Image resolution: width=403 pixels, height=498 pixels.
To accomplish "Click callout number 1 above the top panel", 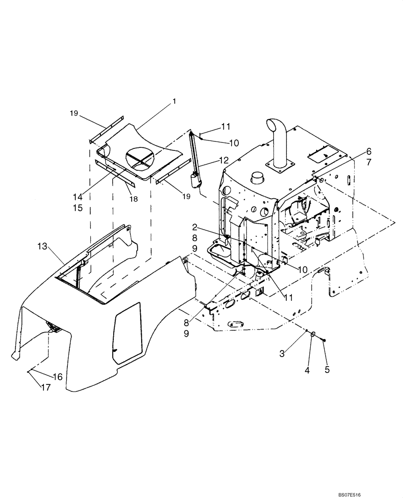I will [x=174, y=101].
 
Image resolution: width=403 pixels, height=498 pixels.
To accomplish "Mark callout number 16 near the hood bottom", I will [x=58, y=377].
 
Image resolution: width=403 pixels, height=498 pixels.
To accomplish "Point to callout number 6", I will [x=369, y=151].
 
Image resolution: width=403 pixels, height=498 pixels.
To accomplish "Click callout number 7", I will [x=369, y=163].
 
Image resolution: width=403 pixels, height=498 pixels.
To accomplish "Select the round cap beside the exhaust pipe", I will [x=258, y=178].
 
